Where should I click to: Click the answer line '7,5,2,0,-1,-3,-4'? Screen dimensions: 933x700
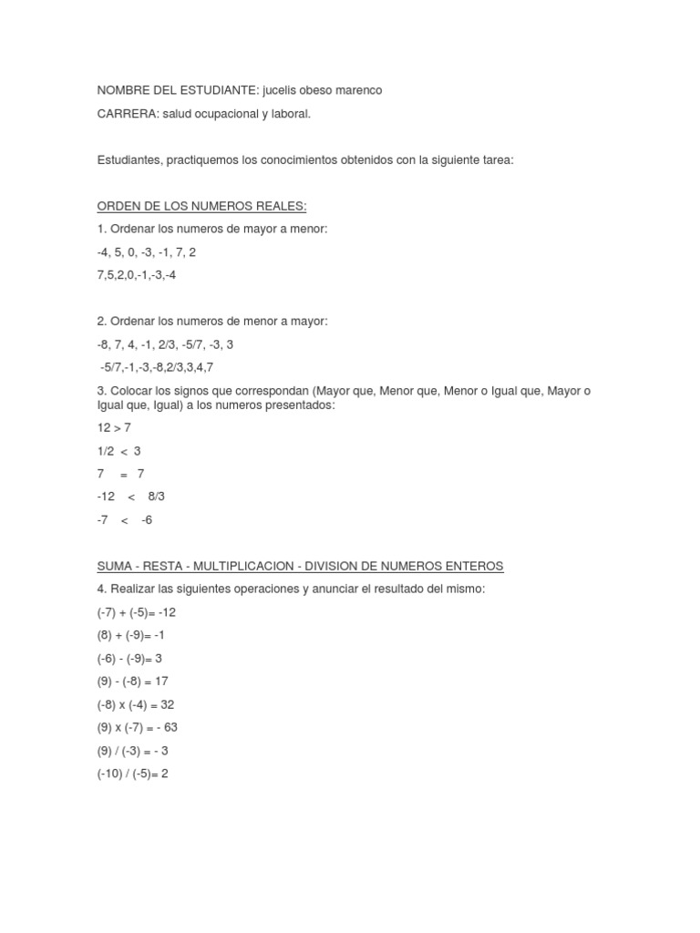tap(136, 274)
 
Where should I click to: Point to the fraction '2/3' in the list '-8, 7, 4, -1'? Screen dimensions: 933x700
tap(167, 344)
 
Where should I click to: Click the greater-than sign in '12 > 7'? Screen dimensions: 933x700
tap(118, 427)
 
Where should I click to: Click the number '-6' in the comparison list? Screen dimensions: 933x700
tap(147, 519)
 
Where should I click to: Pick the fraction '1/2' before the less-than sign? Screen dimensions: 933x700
tap(106, 451)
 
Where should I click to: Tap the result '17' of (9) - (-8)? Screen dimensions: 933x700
tap(161, 681)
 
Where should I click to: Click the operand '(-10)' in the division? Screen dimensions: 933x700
tap(111, 773)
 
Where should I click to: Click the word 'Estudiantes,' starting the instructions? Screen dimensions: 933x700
tap(129, 159)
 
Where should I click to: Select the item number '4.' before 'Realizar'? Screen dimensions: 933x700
tap(102, 590)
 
